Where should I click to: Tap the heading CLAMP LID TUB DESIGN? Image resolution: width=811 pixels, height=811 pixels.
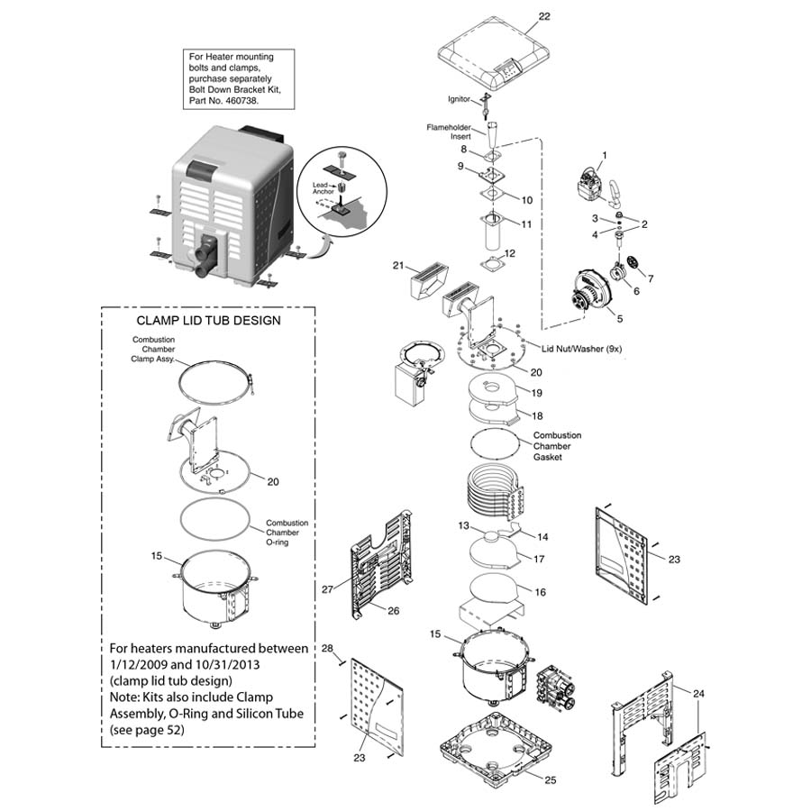(208, 320)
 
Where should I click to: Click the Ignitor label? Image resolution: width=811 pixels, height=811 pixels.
(459, 98)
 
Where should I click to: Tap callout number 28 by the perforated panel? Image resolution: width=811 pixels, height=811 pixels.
(327, 649)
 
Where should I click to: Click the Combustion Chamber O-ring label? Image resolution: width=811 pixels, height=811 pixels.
(287, 533)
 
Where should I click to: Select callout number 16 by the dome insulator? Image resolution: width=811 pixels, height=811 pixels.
(541, 592)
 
